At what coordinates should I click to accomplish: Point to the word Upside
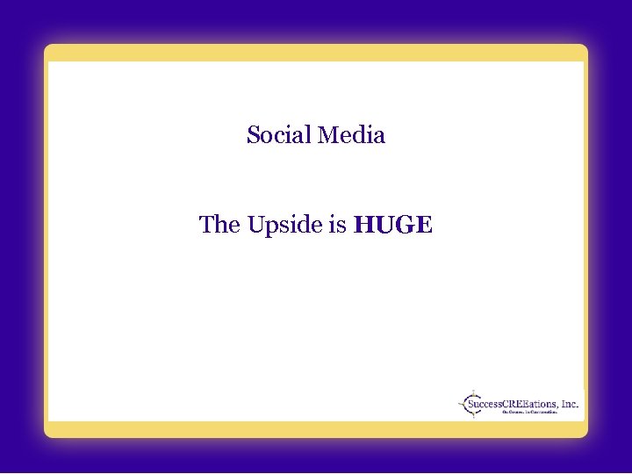(x=284, y=226)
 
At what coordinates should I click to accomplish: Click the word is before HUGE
(x=337, y=225)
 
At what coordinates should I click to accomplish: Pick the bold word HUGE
(x=392, y=226)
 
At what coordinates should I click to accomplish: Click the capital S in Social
(x=254, y=135)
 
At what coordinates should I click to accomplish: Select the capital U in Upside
(x=255, y=225)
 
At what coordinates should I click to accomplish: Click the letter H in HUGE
(x=362, y=226)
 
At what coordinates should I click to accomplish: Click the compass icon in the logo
(x=473, y=403)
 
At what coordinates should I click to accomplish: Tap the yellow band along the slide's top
(x=316, y=53)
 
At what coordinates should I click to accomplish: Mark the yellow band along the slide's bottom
(x=316, y=428)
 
